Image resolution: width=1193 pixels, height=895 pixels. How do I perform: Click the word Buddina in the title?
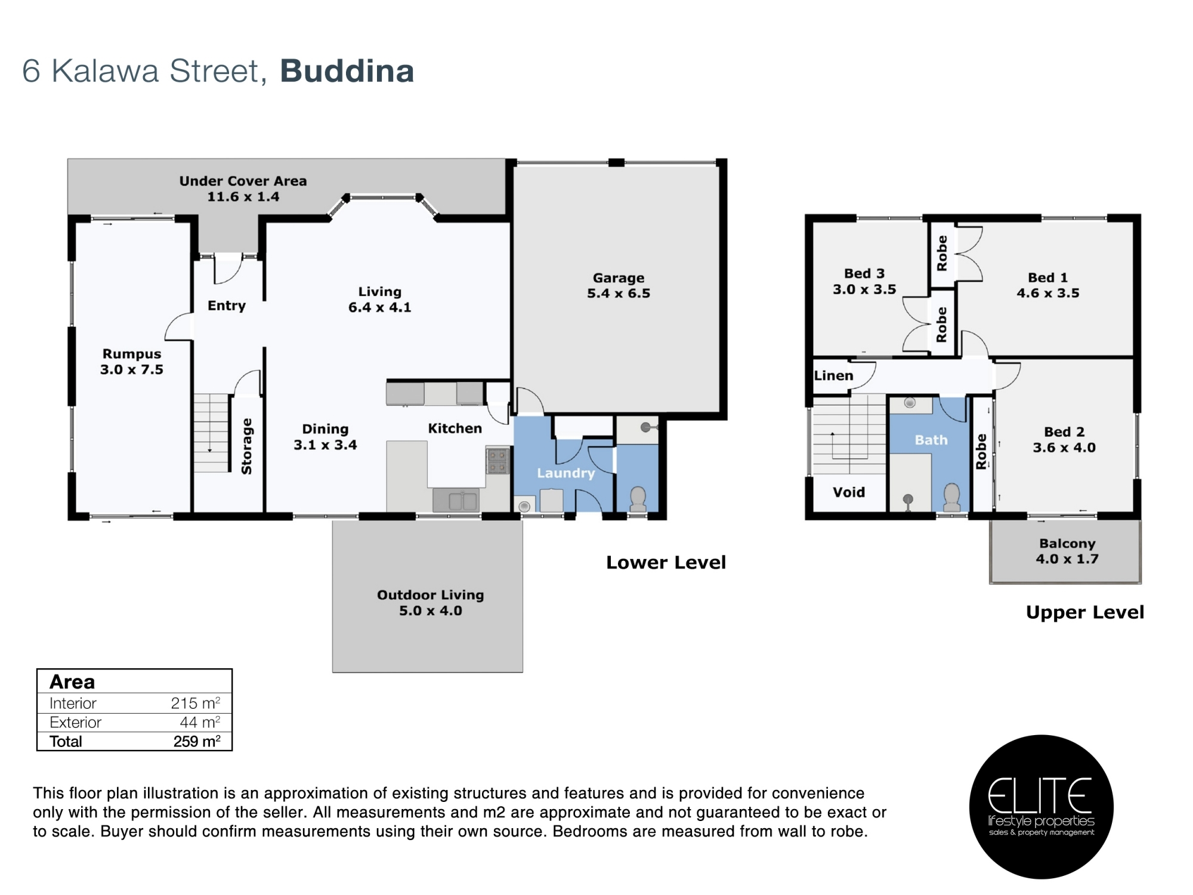click(x=347, y=71)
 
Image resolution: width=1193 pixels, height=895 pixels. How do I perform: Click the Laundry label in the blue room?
click(x=566, y=473)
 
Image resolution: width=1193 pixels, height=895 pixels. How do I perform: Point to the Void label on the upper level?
click(x=849, y=492)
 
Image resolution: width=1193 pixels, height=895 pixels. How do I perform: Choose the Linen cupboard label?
click(x=834, y=375)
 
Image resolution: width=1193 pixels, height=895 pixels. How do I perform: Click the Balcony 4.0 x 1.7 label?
click(x=1067, y=551)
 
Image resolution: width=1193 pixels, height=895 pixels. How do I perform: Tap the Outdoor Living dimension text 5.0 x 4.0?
click(x=431, y=610)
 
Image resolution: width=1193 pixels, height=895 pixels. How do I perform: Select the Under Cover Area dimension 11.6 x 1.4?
click(x=243, y=196)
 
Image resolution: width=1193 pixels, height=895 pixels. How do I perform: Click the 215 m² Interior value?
click(x=196, y=703)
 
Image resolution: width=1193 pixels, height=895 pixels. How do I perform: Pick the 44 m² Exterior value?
click(x=200, y=722)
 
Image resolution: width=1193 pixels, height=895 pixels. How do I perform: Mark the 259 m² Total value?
click(x=197, y=741)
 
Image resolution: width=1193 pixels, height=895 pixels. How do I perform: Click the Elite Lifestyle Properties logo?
click(x=1041, y=807)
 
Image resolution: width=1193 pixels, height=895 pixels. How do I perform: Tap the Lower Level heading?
click(x=666, y=562)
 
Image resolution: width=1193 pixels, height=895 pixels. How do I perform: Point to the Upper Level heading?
click(x=1085, y=612)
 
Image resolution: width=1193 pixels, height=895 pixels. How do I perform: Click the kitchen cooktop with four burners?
click(x=497, y=461)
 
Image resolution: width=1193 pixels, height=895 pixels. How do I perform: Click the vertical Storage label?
click(x=246, y=446)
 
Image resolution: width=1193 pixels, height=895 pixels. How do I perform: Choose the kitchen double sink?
click(x=456, y=500)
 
